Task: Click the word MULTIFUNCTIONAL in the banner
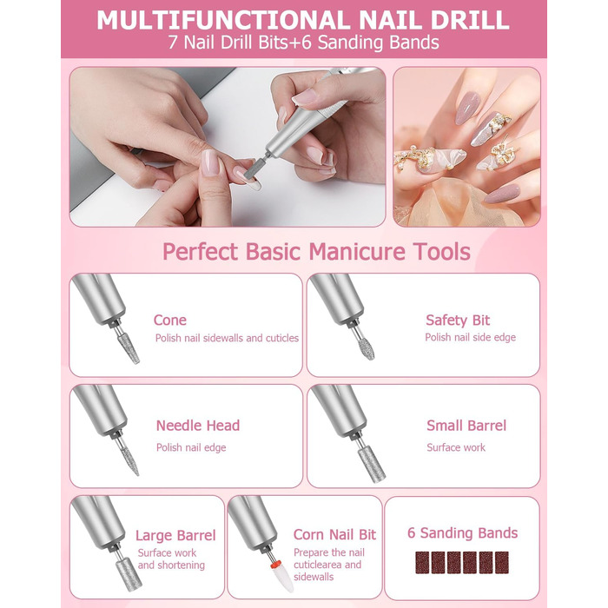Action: (224, 20)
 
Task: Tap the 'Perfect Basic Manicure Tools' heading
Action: (316, 252)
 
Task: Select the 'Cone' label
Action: (170, 321)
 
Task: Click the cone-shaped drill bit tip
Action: (129, 348)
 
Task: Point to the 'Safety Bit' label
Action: (458, 321)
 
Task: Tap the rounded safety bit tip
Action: (366, 348)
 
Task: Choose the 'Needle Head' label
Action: (198, 426)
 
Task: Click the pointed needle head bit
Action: (129, 461)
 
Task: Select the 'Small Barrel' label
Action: (466, 426)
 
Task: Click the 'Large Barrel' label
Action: (175, 536)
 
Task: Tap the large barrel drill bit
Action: (129, 574)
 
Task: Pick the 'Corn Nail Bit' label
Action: (334, 535)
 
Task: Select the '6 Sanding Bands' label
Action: (462, 533)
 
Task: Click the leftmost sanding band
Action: (422, 563)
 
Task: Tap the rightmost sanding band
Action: (502, 563)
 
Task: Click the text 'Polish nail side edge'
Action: (471, 337)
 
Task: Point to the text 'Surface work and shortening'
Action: (171, 558)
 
